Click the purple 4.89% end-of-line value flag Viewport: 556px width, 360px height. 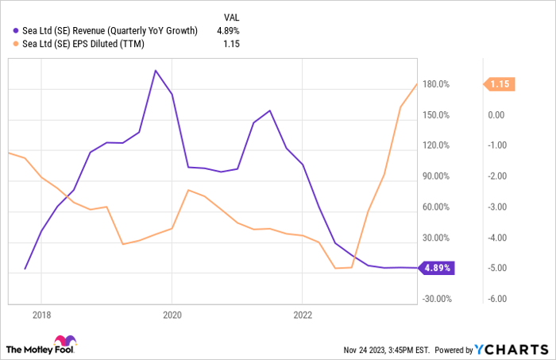(x=436, y=268)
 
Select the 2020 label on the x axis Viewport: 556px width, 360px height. (x=172, y=314)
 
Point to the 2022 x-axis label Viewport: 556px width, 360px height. (x=303, y=314)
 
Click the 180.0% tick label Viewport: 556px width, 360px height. (x=436, y=84)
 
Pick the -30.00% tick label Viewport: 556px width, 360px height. (x=435, y=299)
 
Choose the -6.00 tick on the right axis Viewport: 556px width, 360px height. (x=497, y=299)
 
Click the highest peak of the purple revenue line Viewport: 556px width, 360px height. (x=156, y=70)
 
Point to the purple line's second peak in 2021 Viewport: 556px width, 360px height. (x=270, y=110)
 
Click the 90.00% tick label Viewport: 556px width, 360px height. (x=435, y=176)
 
